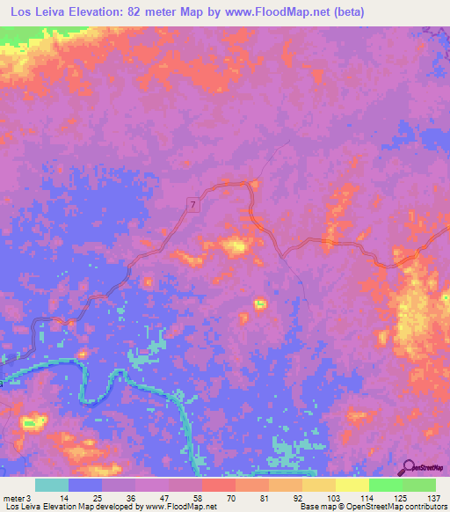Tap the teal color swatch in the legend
52,485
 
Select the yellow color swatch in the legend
352,485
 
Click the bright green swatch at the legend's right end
419,485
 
